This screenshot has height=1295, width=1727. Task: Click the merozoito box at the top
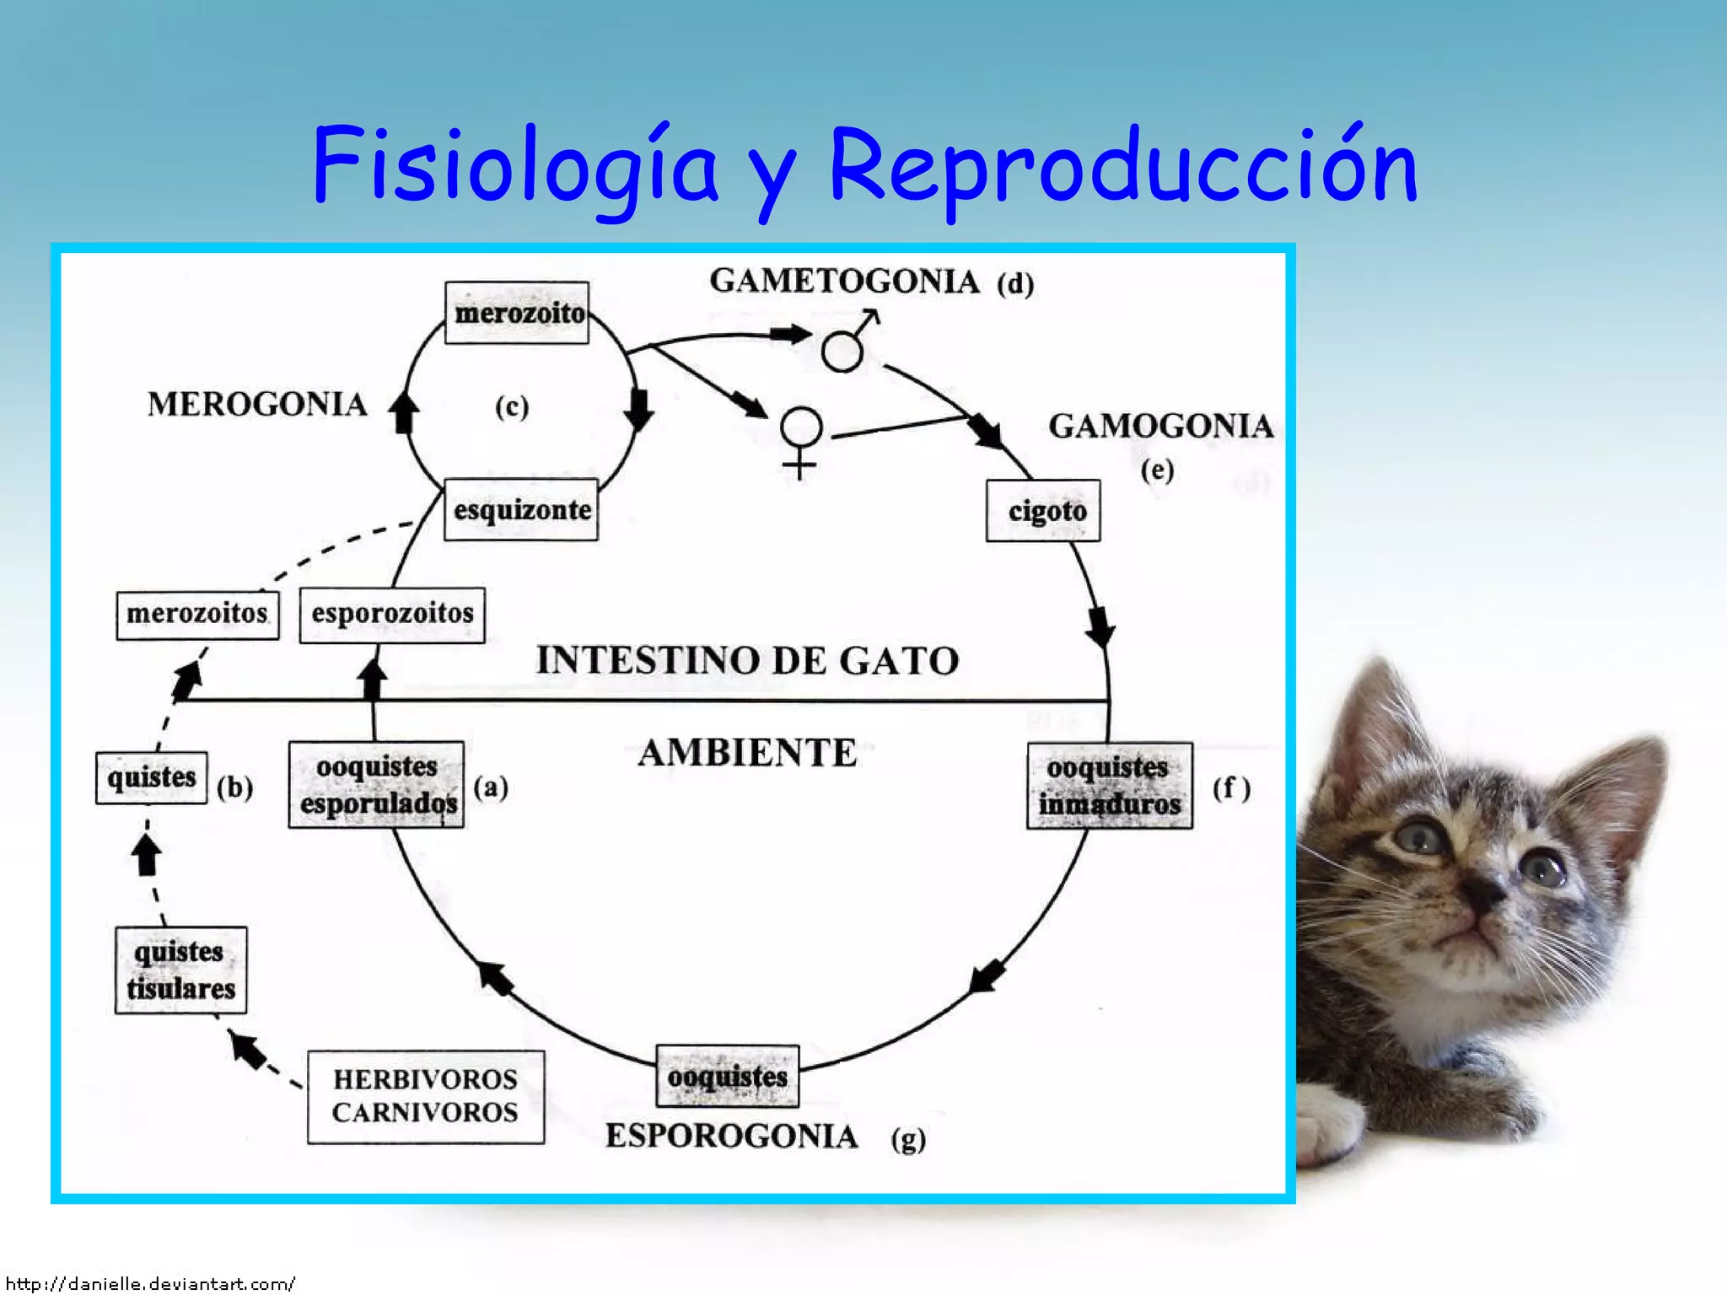pyautogui.click(x=517, y=313)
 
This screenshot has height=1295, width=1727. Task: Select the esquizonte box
pyautogui.click(x=521, y=510)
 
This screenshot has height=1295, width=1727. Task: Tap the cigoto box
pyautogui.click(x=1043, y=511)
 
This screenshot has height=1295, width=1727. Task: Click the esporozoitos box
pyautogui.click(x=392, y=615)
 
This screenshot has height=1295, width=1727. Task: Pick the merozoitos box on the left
pyautogui.click(x=197, y=615)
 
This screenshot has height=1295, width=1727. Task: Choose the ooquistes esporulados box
pyautogui.click(x=377, y=785)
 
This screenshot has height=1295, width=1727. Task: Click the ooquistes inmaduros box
pyautogui.click(x=1109, y=786)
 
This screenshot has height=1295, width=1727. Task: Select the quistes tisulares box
pyautogui.click(x=180, y=970)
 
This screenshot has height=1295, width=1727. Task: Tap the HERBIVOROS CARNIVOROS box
pyautogui.click(x=425, y=1096)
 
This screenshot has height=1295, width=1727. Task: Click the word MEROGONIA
pyautogui.click(x=257, y=405)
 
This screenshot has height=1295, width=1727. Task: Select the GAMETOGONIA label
pyautogui.click(x=844, y=282)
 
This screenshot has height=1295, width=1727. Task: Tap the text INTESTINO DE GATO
pyautogui.click(x=747, y=660)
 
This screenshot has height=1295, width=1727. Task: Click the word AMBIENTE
pyautogui.click(x=747, y=752)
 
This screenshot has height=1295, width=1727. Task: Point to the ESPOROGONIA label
pyautogui.click(x=731, y=1136)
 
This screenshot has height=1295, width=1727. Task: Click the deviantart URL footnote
pyautogui.click(x=149, y=1284)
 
